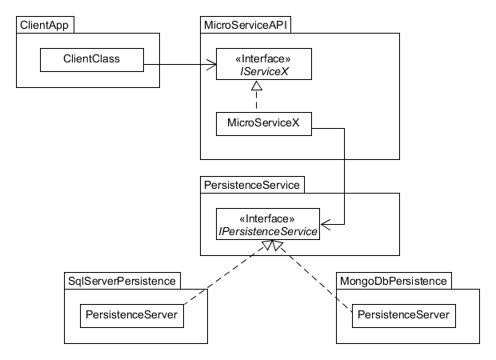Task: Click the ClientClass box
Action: coord(90,58)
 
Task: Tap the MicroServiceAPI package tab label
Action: coord(246,25)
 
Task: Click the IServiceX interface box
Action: coord(256,65)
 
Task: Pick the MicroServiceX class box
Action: coord(263,125)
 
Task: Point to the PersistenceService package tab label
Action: coord(251,185)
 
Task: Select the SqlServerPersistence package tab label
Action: coord(121,280)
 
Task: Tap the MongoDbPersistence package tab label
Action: coord(393,280)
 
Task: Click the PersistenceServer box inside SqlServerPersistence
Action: coord(131,315)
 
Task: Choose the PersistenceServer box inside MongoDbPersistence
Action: coord(403,315)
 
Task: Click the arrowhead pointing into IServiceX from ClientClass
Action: coord(212,64)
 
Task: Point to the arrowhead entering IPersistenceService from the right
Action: coord(324,225)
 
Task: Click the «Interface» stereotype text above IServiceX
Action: coord(256,58)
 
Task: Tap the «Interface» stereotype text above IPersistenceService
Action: coord(267,218)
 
